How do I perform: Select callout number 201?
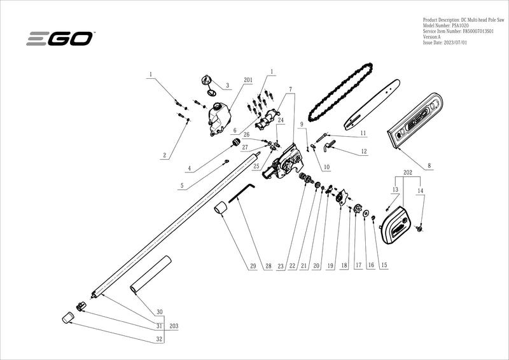pyautogui.click(x=248, y=80)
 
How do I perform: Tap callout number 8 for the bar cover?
pyautogui.click(x=429, y=166)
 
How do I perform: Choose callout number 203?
pyautogui.click(x=174, y=325)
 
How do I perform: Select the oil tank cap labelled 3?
pyautogui.click(x=206, y=80)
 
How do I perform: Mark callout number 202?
pyautogui.click(x=408, y=172)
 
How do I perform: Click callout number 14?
pyautogui.click(x=420, y=190)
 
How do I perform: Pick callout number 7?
pyautogui.click(x=290, y=89)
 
